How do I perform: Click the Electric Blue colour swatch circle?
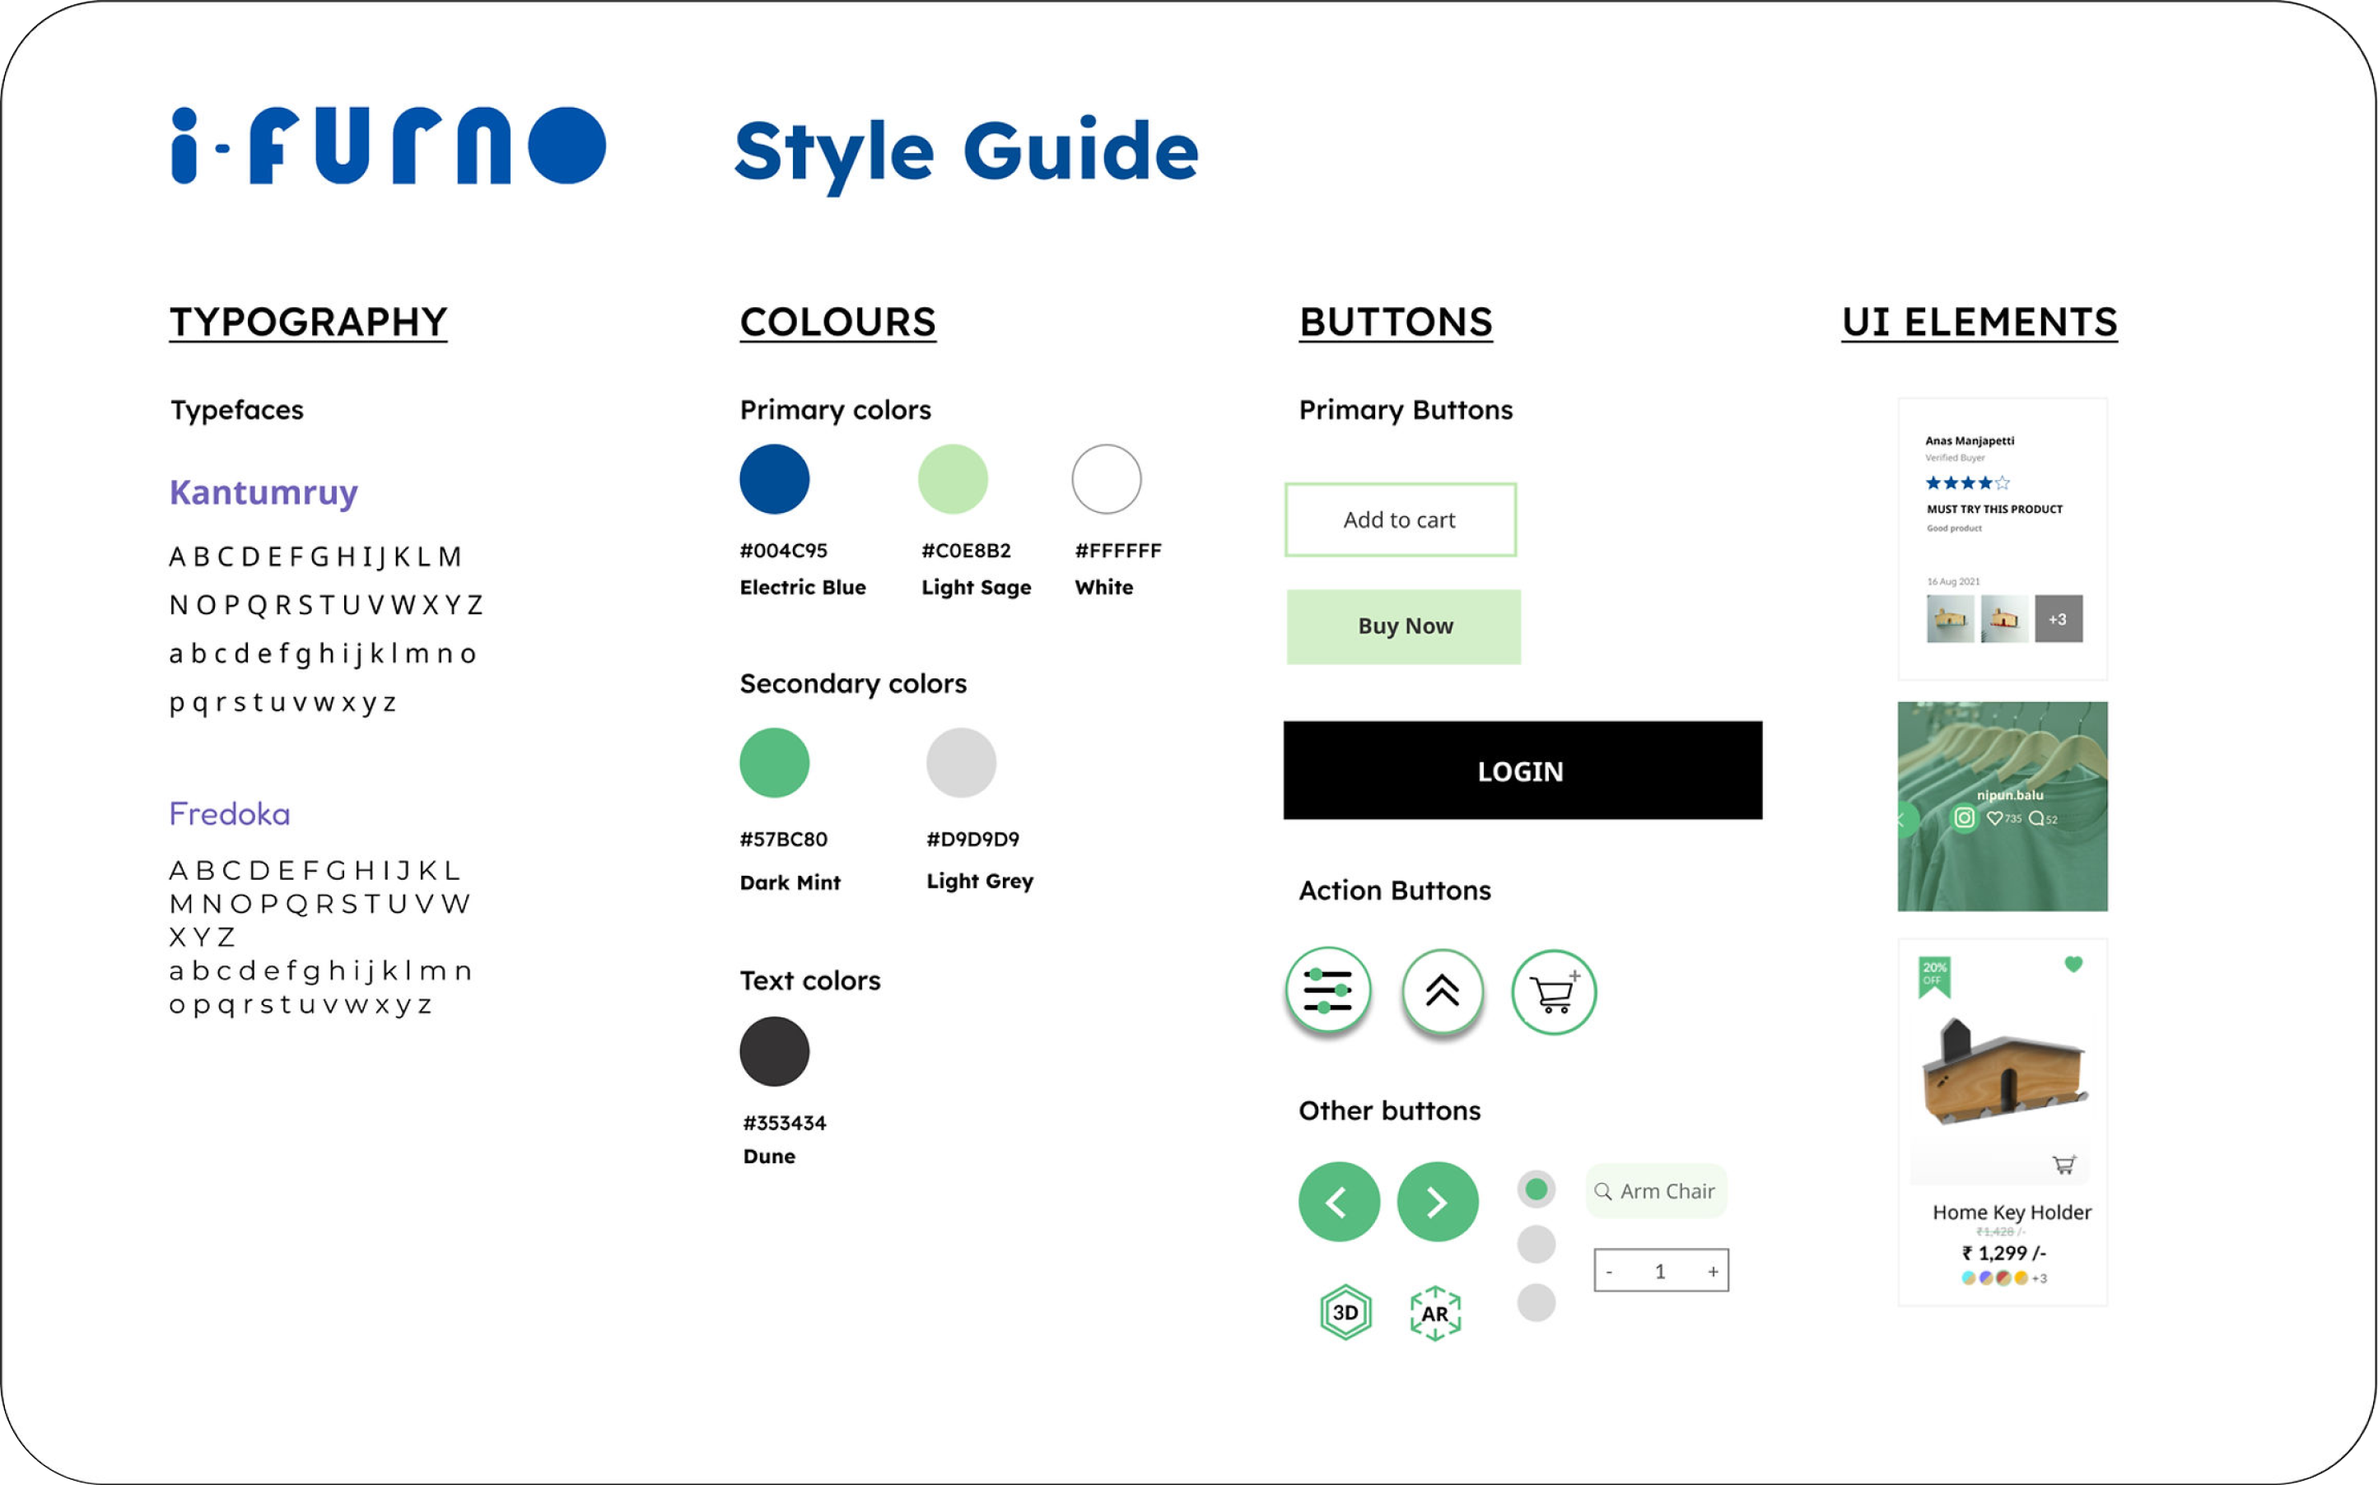[x=774, y=479]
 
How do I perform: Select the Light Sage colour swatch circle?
[x=952, y=479]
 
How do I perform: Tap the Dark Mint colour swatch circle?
[x=774, y=762]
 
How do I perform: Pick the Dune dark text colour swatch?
[x=774, y=1051]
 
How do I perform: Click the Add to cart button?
[x=1400, y=519]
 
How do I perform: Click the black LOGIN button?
[x=1522, y=771]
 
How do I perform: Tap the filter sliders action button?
[x=1328, y=990]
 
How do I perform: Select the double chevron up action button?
[x=1442, y=991]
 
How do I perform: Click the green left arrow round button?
[x=1339, y=1201]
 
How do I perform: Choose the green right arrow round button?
[x=1437, y=1201]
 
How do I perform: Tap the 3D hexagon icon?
[x=1345, y=1312]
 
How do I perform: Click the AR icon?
[x=1435, y=1313]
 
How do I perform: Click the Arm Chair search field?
[x=1656, y=1191]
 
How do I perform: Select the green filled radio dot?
[x=1536, y=1190]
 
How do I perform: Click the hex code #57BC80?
[x=783, y=840]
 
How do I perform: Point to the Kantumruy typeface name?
[x=263, y=492]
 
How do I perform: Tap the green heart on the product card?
[x=2073, y=965]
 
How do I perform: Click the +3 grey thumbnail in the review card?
[x=2058, y=619]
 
